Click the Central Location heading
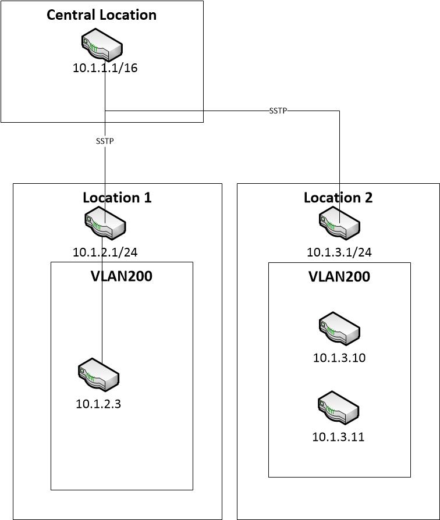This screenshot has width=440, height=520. tap(102, 15)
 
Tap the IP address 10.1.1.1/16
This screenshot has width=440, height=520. tap(105, 68)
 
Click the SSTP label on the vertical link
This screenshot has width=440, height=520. tap(105, 141)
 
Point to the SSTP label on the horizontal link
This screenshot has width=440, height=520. tap(278, 111)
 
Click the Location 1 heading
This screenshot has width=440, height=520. tap(117, 197)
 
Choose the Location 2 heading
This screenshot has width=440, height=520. tap(338, 197)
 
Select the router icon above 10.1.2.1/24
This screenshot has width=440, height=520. tap(105, 225)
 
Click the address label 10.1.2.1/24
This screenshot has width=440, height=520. tap(105, 252)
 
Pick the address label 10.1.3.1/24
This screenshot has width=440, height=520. tap(339, 252)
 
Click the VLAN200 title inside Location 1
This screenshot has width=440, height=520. tap(122, 276)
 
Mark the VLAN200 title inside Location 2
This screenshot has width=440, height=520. tap(339, 276)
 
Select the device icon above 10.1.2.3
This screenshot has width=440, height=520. tap(99, 376)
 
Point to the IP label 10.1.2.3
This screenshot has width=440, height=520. tap(98, 404)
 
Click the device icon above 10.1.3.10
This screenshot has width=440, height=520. tap(339, 329)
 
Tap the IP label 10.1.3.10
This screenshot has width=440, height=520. tap(339, 358)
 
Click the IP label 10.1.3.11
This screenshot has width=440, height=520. tap(338, 437)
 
